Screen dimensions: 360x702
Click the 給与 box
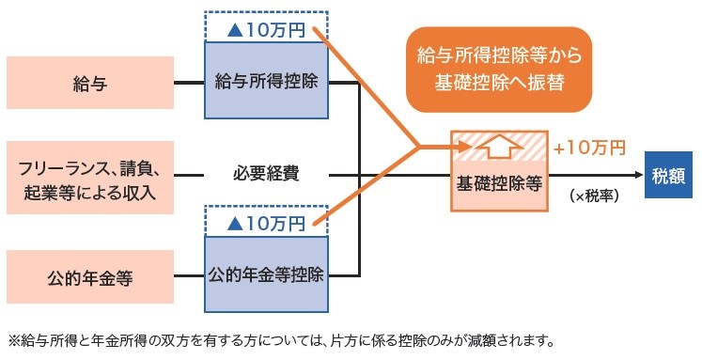[91, 85]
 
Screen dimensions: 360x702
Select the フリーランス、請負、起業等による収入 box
[91, 175]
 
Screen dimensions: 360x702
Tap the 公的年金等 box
[91, 277]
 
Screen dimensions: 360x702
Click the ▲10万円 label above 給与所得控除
[268, 28]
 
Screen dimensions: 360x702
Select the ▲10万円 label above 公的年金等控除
[268, 223]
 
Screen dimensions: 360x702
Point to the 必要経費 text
[268, 175]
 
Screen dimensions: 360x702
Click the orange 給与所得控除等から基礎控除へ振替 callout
[499, 68]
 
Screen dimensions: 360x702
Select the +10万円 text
[589, 149]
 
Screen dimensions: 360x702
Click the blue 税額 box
[668, 176]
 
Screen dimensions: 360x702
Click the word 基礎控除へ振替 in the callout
[499, 81]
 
